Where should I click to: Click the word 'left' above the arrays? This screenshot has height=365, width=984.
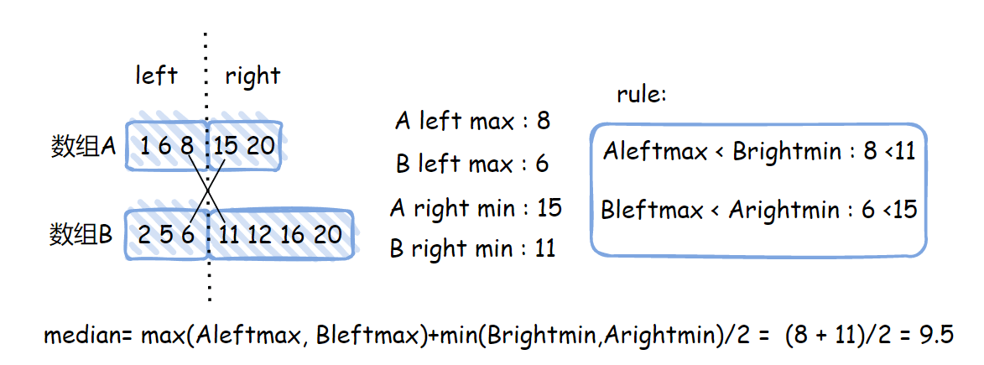[x=156, y=76]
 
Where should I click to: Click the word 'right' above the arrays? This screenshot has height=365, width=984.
[x=252, y=76]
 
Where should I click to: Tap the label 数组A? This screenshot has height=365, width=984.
[x=82, y=147]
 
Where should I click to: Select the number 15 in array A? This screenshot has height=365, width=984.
[x=226, y=146]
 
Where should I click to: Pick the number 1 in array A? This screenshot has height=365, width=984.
[x=144, y=146]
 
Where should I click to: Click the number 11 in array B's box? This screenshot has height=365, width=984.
[x=228, y=234]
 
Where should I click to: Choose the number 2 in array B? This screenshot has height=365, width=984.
[x=144, y=234]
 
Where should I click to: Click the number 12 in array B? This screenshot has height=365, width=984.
[x=261, y=234]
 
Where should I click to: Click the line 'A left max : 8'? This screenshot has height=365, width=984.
[x=472, y=121]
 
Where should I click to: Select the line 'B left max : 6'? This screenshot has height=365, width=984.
[x=472, y=164]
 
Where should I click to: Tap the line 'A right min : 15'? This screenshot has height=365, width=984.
[x=476, y=207]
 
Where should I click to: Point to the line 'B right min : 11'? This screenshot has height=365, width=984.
[x=472, y=248]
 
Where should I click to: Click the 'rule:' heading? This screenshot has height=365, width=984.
[x=641, y=94]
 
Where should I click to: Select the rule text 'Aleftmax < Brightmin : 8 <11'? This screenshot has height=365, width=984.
[x=759, y=152]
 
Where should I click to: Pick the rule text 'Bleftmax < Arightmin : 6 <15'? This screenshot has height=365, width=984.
[x=759, y=209]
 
